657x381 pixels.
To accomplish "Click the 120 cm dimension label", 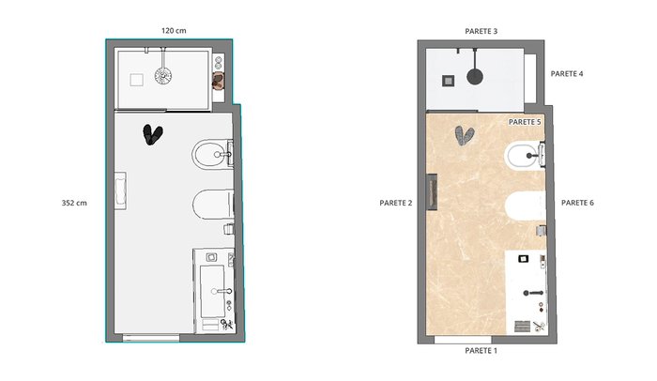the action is coord(174,31).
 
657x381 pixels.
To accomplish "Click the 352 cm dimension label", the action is coord(74,203).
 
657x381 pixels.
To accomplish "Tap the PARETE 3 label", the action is coord(481,31).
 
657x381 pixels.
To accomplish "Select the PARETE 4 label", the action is coord(567,74).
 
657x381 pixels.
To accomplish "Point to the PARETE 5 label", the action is coord(525,122).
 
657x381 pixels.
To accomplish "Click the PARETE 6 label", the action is coord(577,203).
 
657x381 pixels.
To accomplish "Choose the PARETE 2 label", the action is coord(395,204).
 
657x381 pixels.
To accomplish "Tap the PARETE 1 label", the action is coord(481,351).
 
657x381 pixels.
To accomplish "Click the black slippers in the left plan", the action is coord(152,134).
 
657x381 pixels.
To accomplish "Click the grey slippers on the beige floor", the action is coord(465,136).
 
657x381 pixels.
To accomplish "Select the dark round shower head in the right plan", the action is coord(475,77).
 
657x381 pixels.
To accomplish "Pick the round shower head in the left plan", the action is coord(163,76).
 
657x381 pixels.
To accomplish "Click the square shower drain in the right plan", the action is coord(449,81).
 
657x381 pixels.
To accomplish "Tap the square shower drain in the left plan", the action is coord(136,80).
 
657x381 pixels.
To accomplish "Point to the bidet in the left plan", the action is coord(212,154).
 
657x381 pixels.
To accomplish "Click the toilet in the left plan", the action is coord(213,205).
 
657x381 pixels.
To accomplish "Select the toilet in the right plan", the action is coord(526,206).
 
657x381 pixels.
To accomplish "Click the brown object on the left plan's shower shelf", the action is coord(219,81).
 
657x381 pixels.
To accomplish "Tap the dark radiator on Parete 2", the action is coord(432,191).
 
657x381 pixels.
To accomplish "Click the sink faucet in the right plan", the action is coord(533,293).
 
